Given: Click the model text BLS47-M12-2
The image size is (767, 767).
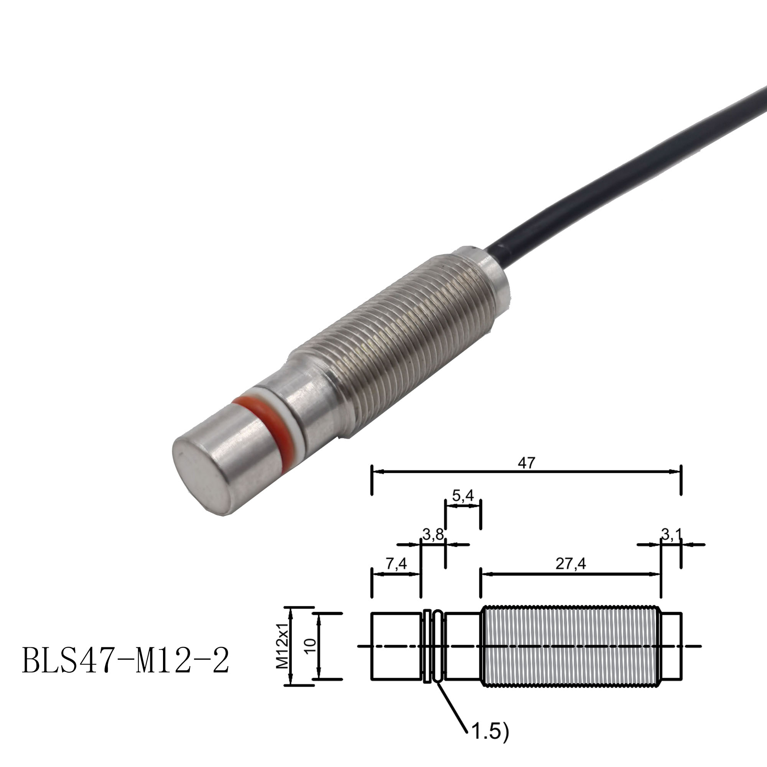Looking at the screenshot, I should pos(125,660).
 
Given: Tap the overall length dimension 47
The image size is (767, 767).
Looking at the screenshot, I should pos(527,463).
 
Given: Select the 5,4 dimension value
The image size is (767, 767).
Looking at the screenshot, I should pos(463,495).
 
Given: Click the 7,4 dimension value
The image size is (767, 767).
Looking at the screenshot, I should pos(396,564).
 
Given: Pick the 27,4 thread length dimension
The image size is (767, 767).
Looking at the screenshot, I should pos(571,564).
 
